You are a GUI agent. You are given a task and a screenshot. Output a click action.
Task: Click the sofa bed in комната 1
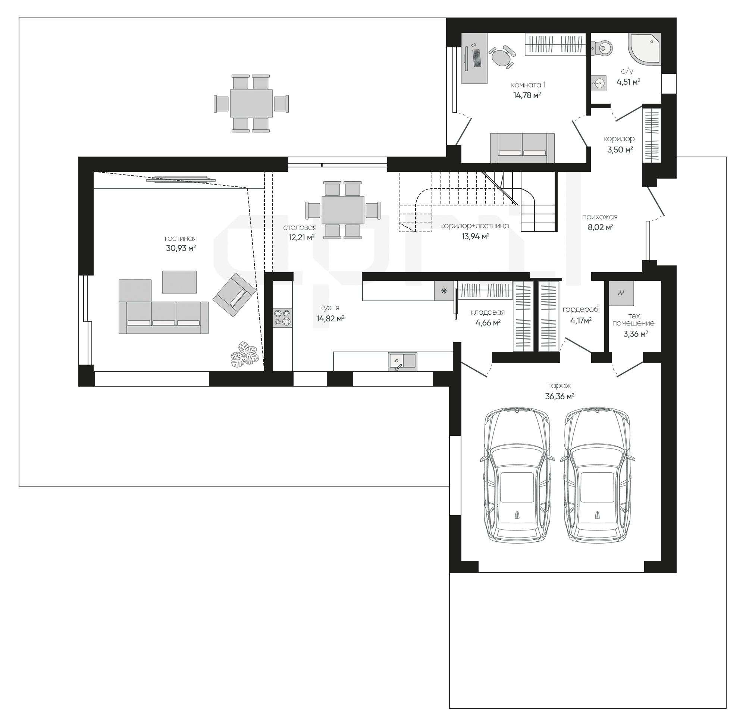pyautogui.click(x=522, y=148)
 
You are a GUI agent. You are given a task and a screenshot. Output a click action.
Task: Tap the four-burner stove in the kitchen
pyautogui.click(x=282, y=317)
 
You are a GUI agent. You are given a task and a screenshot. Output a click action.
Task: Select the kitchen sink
pyautogui.click(x=402, y=361)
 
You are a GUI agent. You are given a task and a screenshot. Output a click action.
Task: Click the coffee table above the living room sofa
pyautogui.click(x=179, y=282)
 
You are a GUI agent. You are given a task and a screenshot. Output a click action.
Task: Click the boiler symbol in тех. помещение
pyautogui.click(x=621, y=293)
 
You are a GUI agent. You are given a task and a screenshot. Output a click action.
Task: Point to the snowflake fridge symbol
pyautogui.click(x=444, y=291)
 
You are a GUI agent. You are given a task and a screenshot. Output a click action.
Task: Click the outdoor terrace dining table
pyautogui.click(x=251, y=104)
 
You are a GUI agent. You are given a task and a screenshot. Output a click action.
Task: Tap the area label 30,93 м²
pyautogui.click(x=181, y=248)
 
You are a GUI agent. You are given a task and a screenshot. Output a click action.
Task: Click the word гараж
pyautogui.click(x=559, y=386)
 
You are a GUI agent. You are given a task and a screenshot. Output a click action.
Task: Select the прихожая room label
pyautogui.click(x=600, y=217)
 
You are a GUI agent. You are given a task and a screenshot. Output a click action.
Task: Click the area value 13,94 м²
pyautogui.click(x=475, y=236)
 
